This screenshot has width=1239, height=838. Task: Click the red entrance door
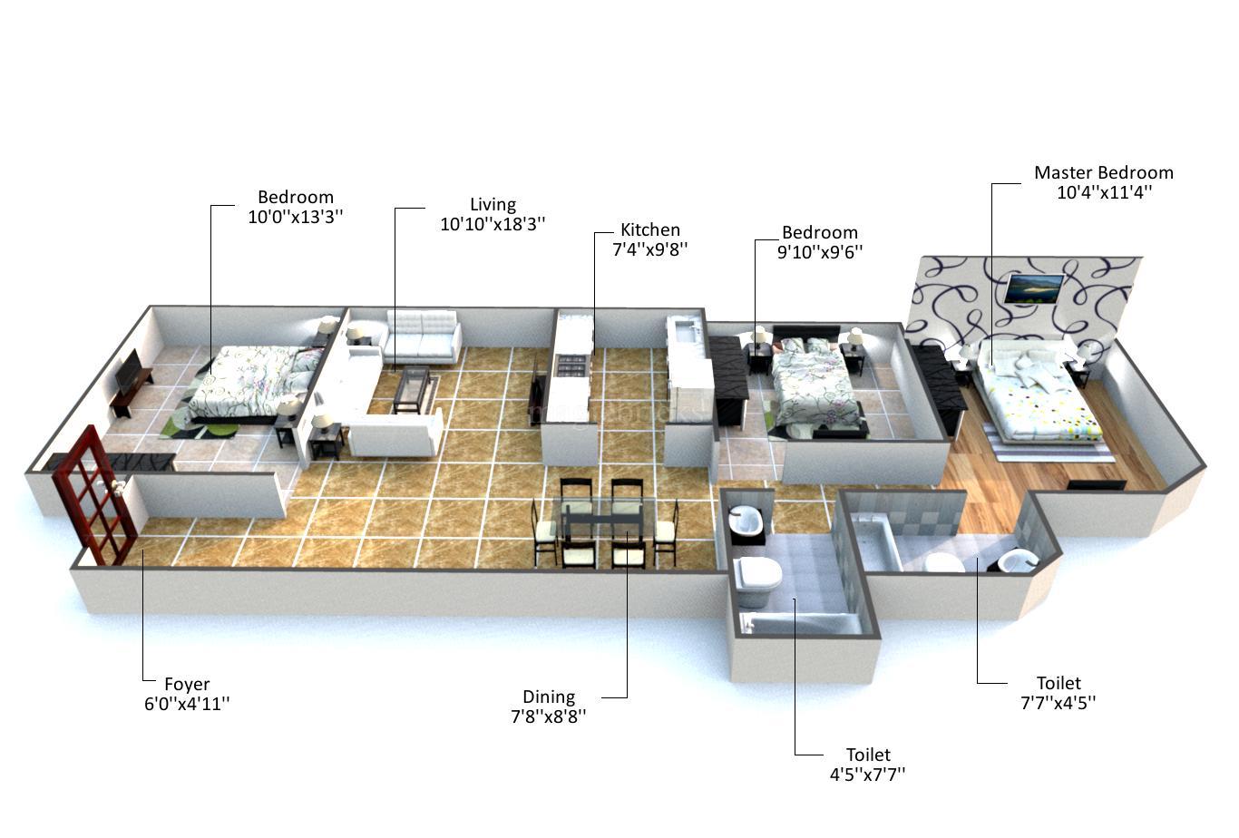tap(93, 496)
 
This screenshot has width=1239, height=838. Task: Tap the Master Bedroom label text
tap(1103, 172)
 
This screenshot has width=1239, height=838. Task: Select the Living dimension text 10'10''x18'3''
tap(493, 224)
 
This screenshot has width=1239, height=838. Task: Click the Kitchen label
tap(649, 229)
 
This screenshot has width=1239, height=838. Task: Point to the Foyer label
tap(187, 684)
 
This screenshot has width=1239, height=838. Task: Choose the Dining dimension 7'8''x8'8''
tap(548, 716)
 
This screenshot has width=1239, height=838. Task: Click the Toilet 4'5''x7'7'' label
tap(867, 755)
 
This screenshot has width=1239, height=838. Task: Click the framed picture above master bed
tap(1034, 288)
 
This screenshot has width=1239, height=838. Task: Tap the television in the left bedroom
tap(129, 371)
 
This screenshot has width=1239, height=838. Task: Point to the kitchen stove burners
tap(571, 366)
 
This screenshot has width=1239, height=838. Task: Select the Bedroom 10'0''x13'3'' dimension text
tap(295, 217)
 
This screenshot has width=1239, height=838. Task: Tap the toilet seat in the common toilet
tap(758, 573)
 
